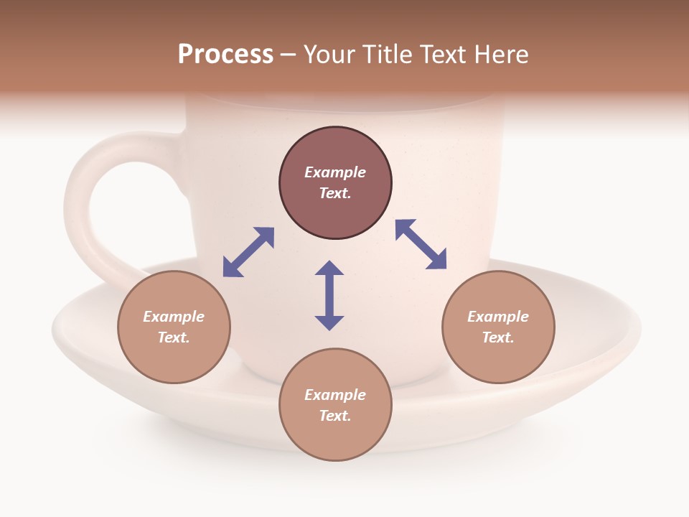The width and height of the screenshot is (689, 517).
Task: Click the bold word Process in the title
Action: click(x=225, y=55)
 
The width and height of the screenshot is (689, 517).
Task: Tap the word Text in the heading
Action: click(x=443, y=55)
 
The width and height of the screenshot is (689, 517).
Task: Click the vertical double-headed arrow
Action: click(x=329, y=295)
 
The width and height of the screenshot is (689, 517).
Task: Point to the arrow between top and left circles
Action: click(x=248, y=252)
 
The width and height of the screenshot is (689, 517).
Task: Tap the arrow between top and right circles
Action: click(x=421, y=244)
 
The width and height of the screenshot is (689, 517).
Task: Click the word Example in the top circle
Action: click(x=335, y=172)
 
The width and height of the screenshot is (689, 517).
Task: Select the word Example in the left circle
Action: click(x=174, y=317)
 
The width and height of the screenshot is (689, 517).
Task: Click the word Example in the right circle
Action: click(x=498, y=317)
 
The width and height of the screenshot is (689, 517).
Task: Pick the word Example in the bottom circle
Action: click(x=335, y=395)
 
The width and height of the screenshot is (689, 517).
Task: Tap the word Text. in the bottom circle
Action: click(x=335, y=416)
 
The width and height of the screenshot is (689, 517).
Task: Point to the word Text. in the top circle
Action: click(x=335, y=193)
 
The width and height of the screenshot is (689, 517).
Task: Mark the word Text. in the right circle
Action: click(x=498, y=337)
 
